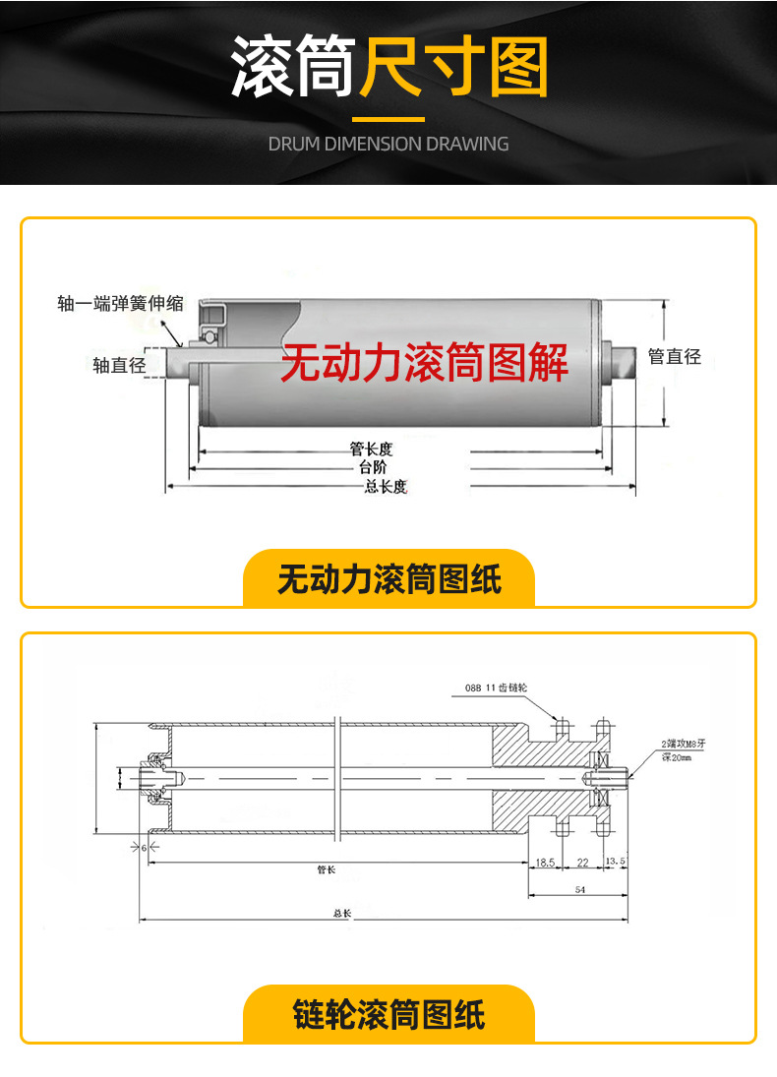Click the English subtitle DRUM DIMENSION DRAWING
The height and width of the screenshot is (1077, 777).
[x=388, y=144]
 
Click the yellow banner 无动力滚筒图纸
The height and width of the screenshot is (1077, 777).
[x=388, y=578]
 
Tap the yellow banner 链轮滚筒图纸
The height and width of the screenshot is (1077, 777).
[x=388, y=1014]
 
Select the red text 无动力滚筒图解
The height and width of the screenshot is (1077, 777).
[x=425, y=364]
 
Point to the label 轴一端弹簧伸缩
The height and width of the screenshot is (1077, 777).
[x=120, y=304]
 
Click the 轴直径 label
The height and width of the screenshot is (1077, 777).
[x=119, y=365]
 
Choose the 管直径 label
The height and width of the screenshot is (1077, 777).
[x=674, y=356]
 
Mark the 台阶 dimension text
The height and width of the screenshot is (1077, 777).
[x=372, y=467]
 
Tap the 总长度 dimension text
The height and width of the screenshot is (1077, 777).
[x=386, y=486]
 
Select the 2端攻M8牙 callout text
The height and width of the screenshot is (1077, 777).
[x=679, y=745]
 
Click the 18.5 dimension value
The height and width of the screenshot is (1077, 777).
[x=546, y=862]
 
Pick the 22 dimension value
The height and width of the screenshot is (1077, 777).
[x=582, y=862]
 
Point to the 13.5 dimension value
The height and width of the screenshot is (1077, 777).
[x=616, y=862]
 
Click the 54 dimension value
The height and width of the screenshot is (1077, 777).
[x=579, y=889]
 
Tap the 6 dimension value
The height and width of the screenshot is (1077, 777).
[x=144, y=847]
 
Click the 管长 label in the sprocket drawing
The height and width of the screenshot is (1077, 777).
[x=327, y=869]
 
